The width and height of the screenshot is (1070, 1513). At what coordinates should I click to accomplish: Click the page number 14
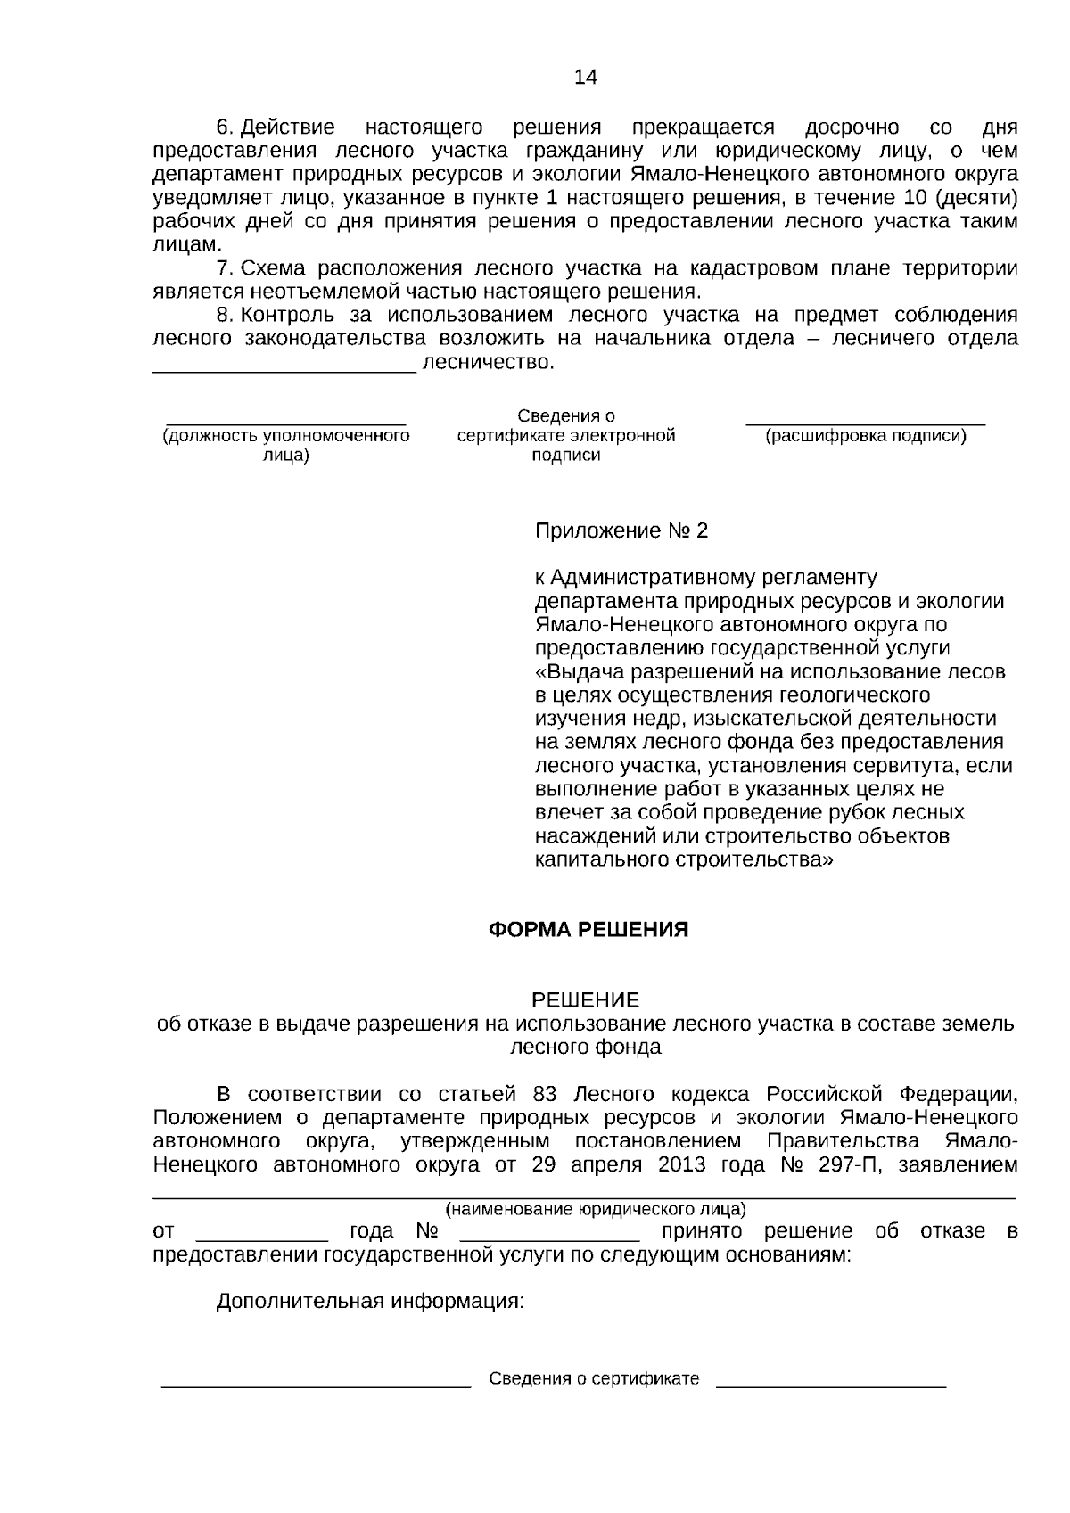click(x=585, y=77)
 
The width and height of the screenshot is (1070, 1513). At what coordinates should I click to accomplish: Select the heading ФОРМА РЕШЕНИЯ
click(x=588, y=930)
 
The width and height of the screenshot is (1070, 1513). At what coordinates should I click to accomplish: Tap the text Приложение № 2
click(x=621, y=531)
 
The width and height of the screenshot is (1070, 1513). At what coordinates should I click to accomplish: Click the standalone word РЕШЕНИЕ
click(x=585, y=999)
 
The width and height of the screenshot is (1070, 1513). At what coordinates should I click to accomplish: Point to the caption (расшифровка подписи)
click(x=866, y=436)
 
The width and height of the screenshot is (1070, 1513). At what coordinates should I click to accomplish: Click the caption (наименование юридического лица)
click(x=595, y=1209)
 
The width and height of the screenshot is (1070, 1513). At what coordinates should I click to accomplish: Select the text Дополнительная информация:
click(x=370, y=1301)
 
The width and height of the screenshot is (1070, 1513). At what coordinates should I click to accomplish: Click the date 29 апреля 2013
click(x=608, y=1164)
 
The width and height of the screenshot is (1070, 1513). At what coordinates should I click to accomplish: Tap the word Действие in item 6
click(x=288, y=127)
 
